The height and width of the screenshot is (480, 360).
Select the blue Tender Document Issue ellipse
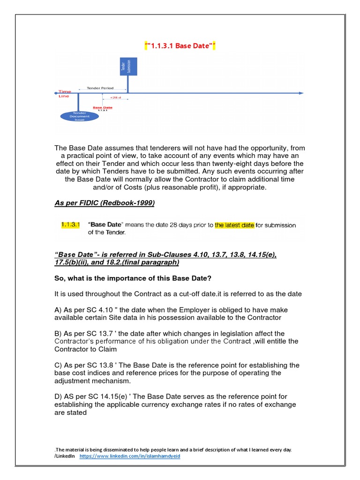pos(79,117)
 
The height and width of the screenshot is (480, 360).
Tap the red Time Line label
pos(64,94)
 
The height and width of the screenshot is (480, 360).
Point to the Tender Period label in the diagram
pos(100,88)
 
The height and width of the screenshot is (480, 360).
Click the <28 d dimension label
pos(115,98)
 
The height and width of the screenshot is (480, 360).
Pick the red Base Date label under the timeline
pos(102,108)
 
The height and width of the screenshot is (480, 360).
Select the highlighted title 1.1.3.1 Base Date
pos(180,46)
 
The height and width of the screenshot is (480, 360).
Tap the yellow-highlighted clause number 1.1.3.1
pos(71,225)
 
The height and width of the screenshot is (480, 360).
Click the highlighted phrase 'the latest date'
pos(234,225)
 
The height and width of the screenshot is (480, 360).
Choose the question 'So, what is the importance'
pos(133,278)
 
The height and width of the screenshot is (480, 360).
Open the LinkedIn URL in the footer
pos(130,456)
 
